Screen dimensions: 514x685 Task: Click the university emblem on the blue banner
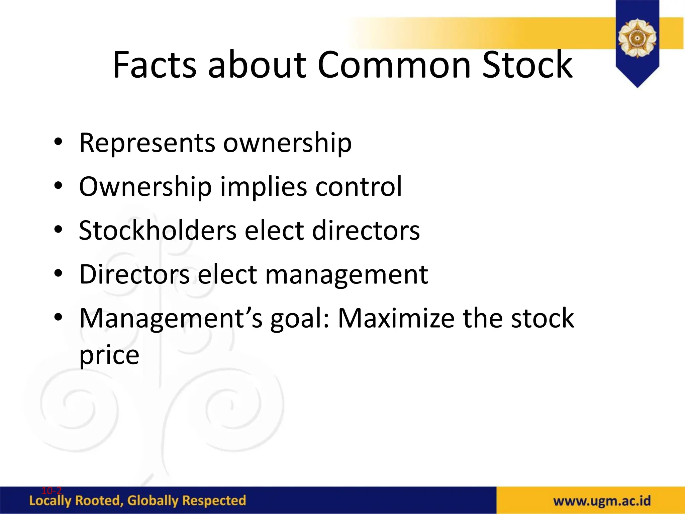click(637, 38)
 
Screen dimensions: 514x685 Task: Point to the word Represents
click(147, 143)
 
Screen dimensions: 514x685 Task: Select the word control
click(359, 187)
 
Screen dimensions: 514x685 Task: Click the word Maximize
click(396, 318)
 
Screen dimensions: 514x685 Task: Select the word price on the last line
click(109, 355)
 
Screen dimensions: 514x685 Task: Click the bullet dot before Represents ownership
click(58, 142)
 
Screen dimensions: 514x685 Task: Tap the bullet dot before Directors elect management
click(58, 273)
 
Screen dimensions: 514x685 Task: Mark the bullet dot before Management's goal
click(58, 317)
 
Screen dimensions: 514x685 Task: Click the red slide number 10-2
click(52, 491)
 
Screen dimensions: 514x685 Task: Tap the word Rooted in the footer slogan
click(97, 501)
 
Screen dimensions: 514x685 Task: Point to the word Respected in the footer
click(214, 501)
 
